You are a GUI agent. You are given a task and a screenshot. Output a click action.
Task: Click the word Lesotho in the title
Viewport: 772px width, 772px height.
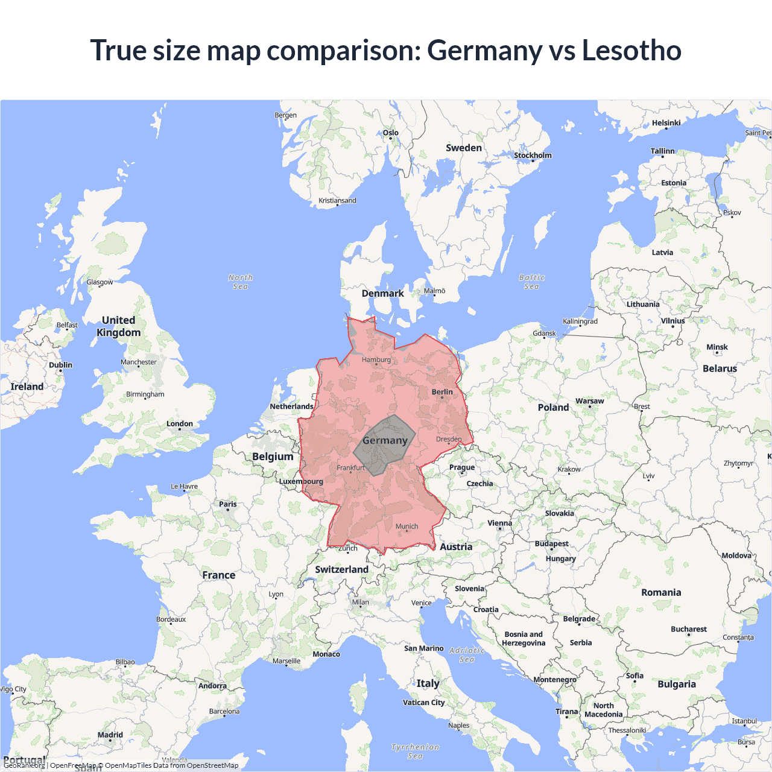point(631,50)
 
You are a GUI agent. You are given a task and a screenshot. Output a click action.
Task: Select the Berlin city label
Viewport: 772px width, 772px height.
point(442,392)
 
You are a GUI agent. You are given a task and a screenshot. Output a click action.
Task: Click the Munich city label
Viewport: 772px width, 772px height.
point(407,527)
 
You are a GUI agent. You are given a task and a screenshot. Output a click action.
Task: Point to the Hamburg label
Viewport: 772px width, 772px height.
point(376,360)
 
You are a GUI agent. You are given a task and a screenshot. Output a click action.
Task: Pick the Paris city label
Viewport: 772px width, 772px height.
point(228,504)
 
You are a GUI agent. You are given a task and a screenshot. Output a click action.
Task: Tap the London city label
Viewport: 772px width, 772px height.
point(180,424)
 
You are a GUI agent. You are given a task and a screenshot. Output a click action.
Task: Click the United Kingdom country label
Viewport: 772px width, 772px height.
point(119,326)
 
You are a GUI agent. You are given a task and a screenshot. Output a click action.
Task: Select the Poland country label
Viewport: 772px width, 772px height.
point(553,408)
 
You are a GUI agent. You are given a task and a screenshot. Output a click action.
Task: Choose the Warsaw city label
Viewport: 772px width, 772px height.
point(590,401)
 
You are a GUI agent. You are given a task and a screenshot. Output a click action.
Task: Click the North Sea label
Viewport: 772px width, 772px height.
point(241,282)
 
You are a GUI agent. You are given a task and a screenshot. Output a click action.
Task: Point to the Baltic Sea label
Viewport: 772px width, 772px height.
point(531,282)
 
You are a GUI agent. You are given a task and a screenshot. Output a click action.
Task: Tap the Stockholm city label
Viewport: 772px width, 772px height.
point(533,156)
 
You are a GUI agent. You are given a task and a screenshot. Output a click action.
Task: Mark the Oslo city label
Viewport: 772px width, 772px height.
point(391,133)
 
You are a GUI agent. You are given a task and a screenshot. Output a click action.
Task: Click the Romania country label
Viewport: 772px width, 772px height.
point(661,593)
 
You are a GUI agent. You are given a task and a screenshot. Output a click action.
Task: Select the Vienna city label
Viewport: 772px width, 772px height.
point(499,524)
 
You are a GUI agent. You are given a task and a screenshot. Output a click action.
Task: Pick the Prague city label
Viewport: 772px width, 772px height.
point(462,467)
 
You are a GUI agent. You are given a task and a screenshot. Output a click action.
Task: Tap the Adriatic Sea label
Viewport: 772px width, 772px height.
point(467,654)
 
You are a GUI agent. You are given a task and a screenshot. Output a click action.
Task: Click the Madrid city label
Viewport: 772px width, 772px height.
point(110,735)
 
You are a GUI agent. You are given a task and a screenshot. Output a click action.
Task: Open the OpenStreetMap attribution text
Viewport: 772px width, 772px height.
point(212,765)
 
